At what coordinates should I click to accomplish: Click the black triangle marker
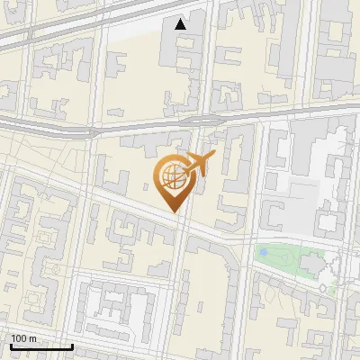coord(181,24)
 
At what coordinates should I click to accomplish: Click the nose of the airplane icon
coord(213,156)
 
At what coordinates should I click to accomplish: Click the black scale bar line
coord(40,346)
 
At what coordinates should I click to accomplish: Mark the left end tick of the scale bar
coord(10,345)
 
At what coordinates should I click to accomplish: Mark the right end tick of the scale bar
coord(72,345)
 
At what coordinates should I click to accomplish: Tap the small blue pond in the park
coord(264,253)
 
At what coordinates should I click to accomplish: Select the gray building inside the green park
coord(310,264)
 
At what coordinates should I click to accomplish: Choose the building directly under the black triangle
coord(181,49)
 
